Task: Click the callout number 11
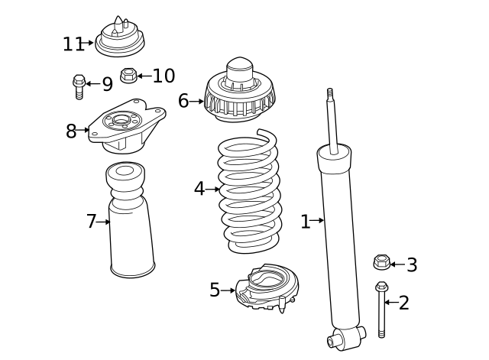tap(73, 44)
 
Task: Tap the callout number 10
tap(164, 76)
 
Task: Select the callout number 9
tap(107, 84)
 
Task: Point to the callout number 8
tap(71, 131)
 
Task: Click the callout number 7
tap(91, 222)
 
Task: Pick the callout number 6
tap(183, 101)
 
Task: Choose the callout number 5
tap(215, 290)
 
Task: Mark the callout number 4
tap(199, 188)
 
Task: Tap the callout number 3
tap(412, 265)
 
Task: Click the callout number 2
tap(404, 303)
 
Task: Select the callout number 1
tap(305, 222)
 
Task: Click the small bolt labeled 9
tap(79, 86)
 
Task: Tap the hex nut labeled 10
tap(129, 76)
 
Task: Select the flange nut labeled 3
tap(381, 263)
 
